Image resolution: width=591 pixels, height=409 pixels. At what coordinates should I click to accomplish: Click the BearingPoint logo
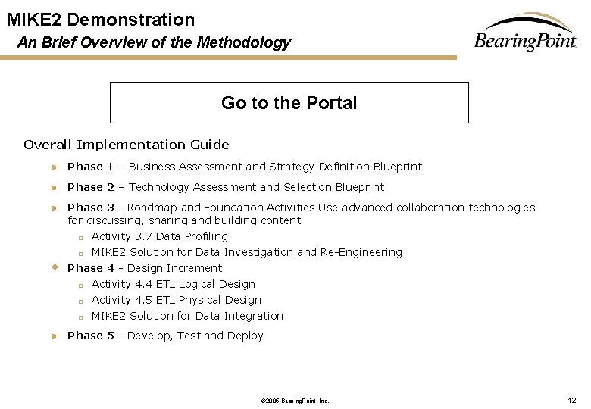(x=525, y=34)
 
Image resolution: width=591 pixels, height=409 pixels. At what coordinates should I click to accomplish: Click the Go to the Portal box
(x=289, y=103)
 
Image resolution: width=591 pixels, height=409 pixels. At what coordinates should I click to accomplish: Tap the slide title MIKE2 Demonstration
(x=101, y=20)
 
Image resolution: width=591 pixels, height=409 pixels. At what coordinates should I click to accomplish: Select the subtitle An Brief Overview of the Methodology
(x=154, y=42)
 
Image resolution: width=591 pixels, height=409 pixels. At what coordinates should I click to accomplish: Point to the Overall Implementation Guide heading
(x=126, y=145)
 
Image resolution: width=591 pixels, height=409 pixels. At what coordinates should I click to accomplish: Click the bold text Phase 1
(x=90, y=167)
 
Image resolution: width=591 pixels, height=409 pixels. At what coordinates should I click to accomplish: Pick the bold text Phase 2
(x=90, y=187)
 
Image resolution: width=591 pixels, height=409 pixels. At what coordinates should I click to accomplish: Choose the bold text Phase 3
(x=90, y=208)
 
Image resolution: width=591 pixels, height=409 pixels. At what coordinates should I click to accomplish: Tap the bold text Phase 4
(x=90, y=268)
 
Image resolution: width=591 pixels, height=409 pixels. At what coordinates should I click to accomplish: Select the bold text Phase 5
(x=90, y=336)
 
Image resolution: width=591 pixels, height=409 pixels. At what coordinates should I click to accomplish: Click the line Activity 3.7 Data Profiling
(x=159, y=236)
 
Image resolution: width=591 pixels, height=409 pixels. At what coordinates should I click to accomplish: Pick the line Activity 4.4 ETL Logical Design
(x=173, y=284)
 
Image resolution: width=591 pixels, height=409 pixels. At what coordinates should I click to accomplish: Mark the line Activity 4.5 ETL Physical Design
(x=176, y=300)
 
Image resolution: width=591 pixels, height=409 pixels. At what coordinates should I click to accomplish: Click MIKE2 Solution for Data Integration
(x=187, y=316)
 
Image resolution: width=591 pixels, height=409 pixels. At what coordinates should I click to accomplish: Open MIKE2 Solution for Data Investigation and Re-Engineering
(x=246, y=252)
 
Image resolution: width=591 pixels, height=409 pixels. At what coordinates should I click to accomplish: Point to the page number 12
(x=572, y=400)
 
